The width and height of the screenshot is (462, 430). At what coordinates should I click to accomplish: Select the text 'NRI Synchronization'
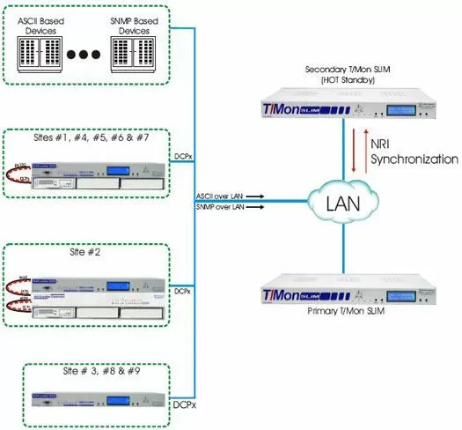(414, 152)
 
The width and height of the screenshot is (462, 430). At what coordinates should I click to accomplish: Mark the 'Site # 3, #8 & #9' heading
(96, 373)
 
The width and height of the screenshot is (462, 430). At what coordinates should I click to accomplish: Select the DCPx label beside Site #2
(183, 290)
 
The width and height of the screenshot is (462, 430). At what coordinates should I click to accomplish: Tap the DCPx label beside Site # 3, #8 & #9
(183, 404)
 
